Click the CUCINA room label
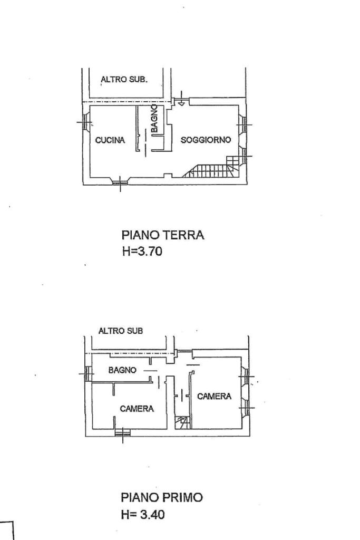click(110, 140)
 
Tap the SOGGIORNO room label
click(206, 140)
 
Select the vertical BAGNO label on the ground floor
click(154, 119)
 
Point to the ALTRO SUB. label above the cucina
click(124, 80)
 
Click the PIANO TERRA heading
click(162, 235)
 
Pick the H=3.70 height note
click(142, 252)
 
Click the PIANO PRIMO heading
click(162, 497)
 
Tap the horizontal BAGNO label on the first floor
click(122, 370)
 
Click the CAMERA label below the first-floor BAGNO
click(137, 408)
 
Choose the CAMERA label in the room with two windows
click(214, 396)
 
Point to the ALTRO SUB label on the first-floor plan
click(121, 331)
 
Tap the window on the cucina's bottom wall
click(120, 182)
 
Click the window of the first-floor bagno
click(87, 373)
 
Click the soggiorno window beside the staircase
click(245, 156)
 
